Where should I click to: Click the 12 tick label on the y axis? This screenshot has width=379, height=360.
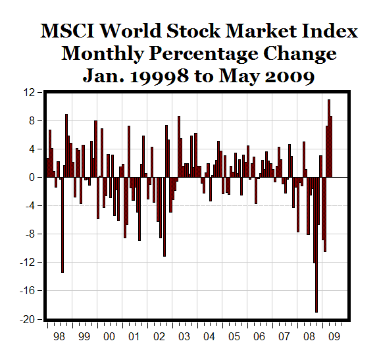coord(29,93)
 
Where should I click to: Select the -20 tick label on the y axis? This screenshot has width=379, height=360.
coord(27,319)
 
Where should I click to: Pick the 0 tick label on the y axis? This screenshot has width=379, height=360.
coord(32,178)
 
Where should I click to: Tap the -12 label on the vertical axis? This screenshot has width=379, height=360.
coord(27,263)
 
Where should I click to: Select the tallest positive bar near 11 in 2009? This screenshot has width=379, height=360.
coord(329,138)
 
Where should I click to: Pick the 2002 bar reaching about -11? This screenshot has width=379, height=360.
coord(164,217)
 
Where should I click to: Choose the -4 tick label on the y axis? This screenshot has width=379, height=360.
coord(29,206)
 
